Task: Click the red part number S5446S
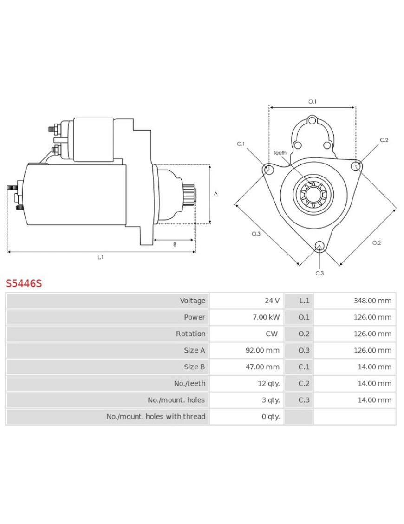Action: (24, 283)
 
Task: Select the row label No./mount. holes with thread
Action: (156, 417)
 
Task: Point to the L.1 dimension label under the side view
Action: (100, 257)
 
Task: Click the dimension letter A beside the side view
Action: (215, 194)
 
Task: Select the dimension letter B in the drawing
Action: (175, 244)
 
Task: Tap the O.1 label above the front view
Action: (312, 101)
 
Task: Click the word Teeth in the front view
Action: (280, 153)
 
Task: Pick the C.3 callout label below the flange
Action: (319, 273)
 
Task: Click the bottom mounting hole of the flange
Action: (319, 246)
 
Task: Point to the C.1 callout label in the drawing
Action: (241, 144)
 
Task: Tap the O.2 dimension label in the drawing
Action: (377, 242)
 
